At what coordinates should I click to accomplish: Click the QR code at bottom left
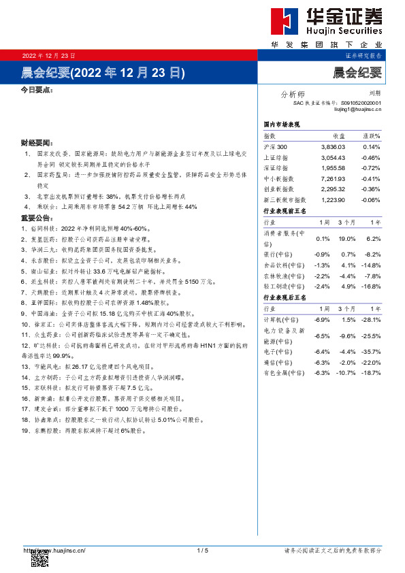39,560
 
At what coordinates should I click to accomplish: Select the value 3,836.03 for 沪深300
333,147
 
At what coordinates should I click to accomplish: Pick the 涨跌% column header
371,136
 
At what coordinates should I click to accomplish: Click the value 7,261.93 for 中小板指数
333,178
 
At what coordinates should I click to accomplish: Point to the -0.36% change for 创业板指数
370,189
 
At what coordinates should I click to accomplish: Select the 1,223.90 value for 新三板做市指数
333,199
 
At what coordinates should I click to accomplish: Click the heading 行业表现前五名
285,211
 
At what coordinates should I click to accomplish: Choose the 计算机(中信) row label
279,320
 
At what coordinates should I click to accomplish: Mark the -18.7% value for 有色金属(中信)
370,374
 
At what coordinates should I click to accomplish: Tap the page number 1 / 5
202,550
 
